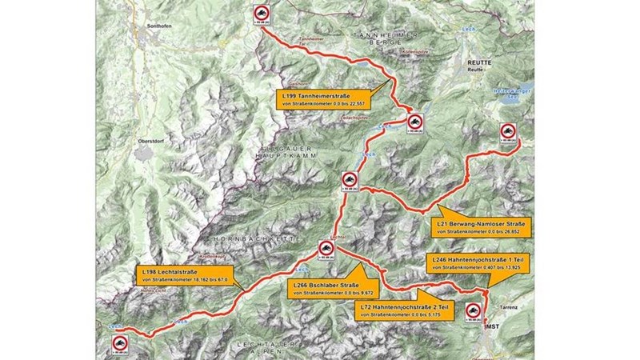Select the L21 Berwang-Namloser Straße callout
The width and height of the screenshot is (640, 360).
click(x=480, y=227)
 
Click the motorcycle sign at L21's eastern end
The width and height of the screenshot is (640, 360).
click(x=507, y=133)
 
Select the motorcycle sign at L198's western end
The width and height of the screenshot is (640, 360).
click(x=118, y=346)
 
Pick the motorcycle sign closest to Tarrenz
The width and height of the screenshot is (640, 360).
click(x=471, y=311)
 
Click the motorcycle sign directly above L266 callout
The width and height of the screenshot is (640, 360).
click(x=326, y=250)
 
